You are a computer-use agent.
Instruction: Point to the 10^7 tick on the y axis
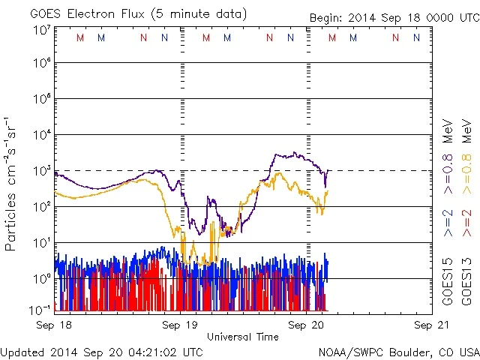click(x=41, y=31)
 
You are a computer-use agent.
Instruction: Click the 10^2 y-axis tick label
click(x=41, y=207)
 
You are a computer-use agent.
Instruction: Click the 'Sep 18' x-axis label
click(x=54, y=325)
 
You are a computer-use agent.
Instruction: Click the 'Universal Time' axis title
click(x=242, y=337)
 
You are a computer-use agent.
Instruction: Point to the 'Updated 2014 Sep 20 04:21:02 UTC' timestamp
click(x=101, y=351)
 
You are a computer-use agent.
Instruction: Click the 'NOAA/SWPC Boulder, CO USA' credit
click(x=397, y=351)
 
